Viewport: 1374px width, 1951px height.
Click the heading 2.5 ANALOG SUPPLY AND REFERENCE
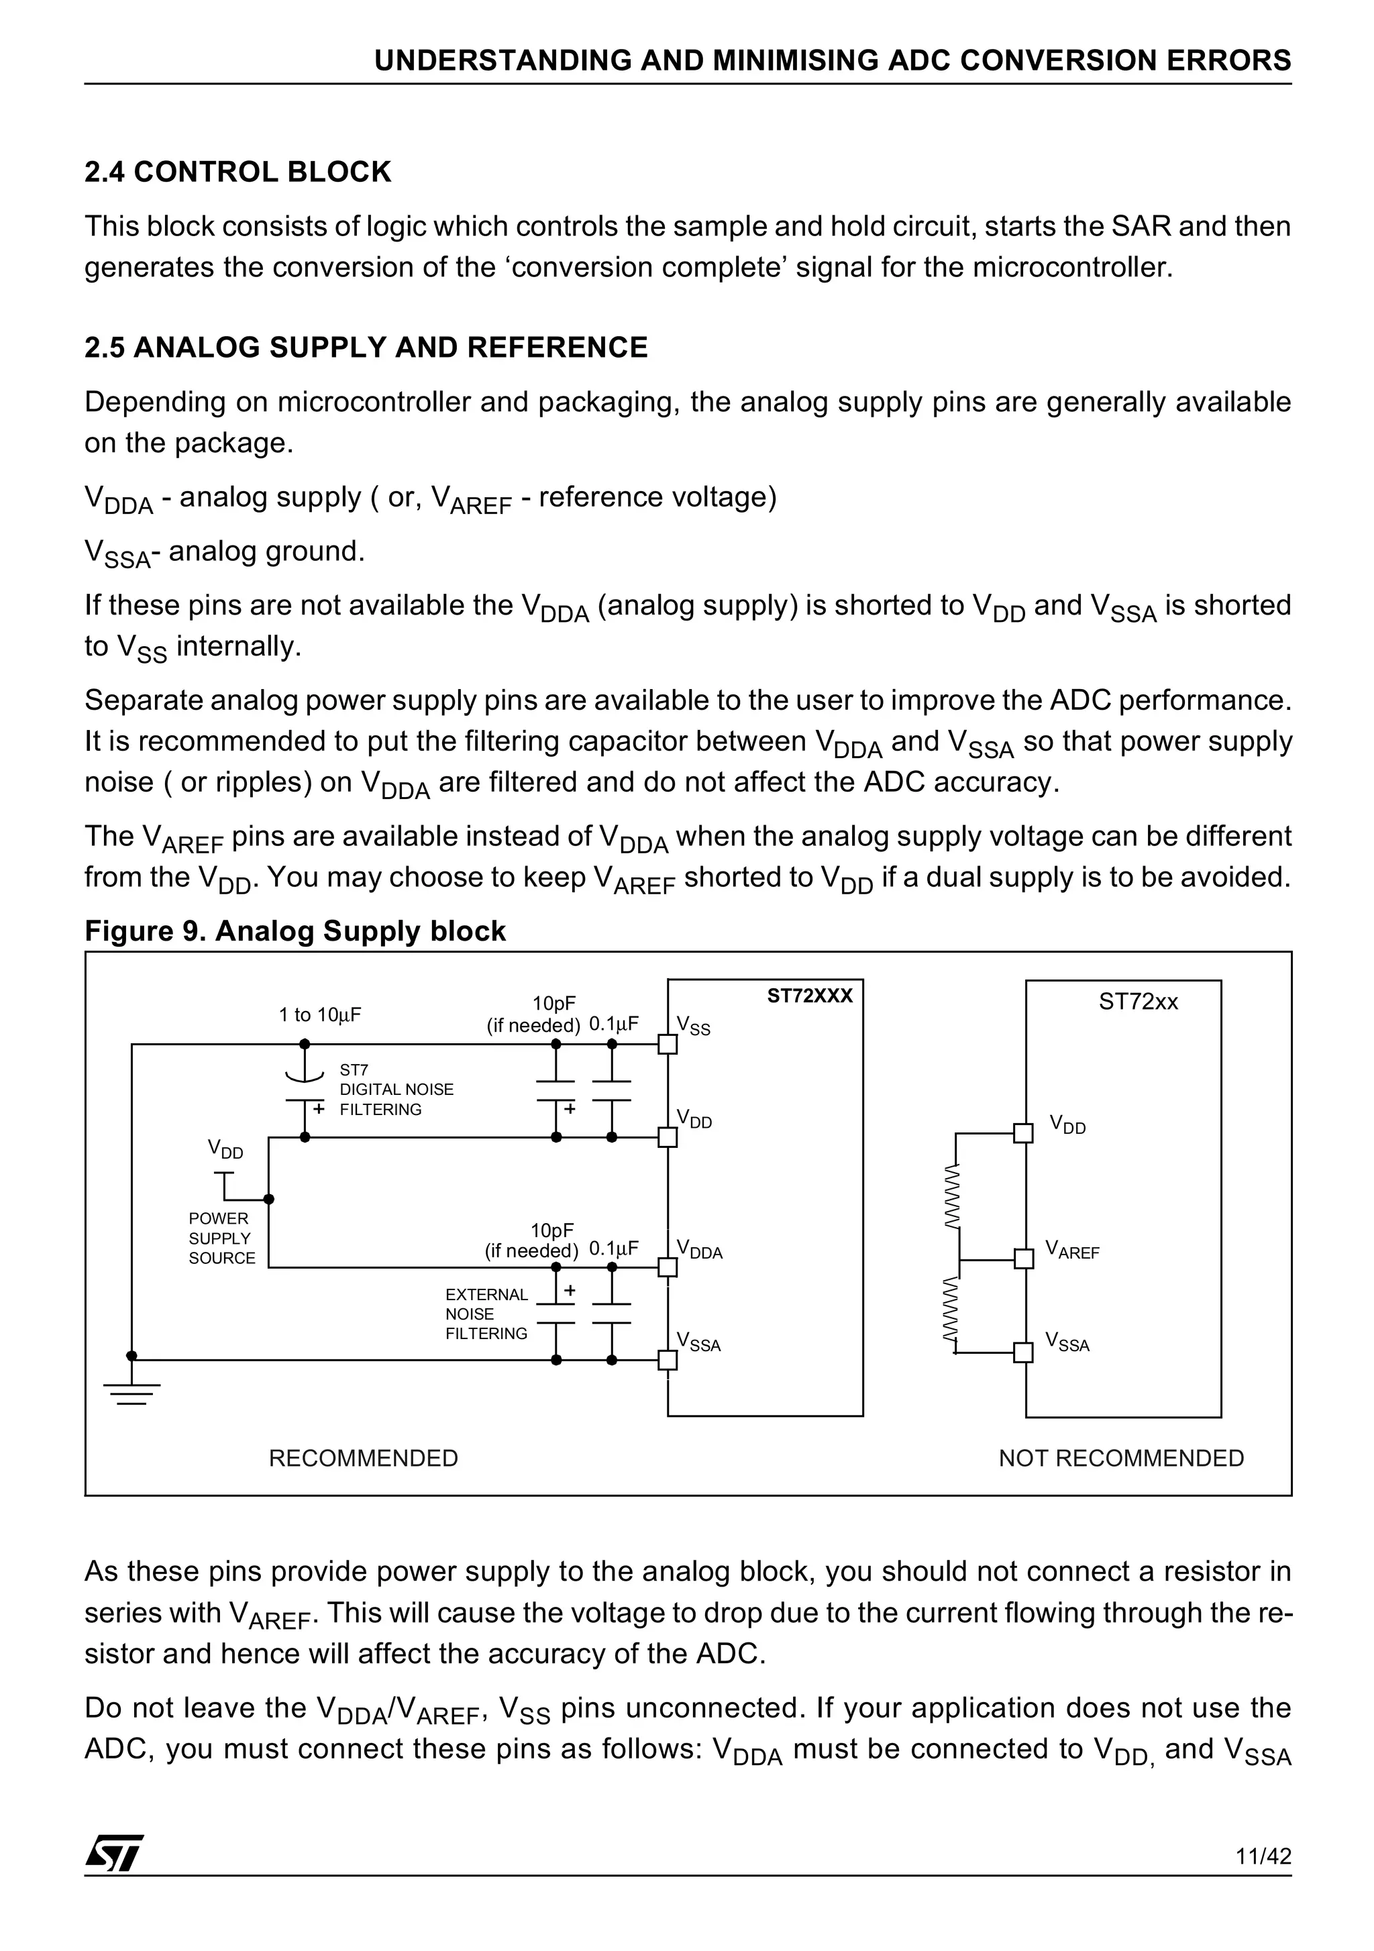(x=366, y=348)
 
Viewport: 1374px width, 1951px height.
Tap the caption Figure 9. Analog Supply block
(x=294, y=931)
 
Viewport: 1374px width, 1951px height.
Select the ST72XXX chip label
(x=809, y=996)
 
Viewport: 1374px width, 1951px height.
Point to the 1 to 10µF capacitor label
(x=319, y=1014)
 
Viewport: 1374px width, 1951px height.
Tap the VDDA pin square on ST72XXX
(x=668, y=1267)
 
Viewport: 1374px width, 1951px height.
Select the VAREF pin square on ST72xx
(x=1024, y=1259)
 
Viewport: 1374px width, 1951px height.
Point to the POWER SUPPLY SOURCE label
(x=221, y=1238)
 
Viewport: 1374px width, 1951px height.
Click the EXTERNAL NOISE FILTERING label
(x=486, y=1314)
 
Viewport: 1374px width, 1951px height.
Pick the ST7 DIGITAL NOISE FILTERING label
(x=395, y=1090)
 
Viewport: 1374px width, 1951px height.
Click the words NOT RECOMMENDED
(x=1121, y=1458)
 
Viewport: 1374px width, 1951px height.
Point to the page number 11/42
(x=1263, y=1856)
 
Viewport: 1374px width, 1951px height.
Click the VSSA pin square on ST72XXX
(x=668, y=1359)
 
